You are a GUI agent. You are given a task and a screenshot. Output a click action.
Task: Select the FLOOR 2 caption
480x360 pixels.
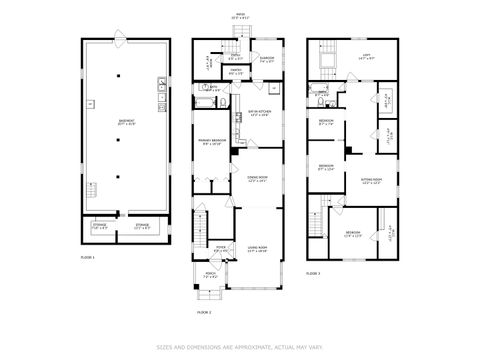204,313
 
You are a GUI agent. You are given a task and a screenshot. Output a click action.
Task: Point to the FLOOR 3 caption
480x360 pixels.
313,273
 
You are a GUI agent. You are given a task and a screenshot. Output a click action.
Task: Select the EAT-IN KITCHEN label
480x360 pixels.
257,112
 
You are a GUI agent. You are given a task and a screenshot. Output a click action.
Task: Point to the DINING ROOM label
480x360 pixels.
258,178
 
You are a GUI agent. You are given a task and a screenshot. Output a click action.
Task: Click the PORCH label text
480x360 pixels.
210,274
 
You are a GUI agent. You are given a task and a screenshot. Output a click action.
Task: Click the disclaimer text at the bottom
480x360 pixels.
240,347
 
